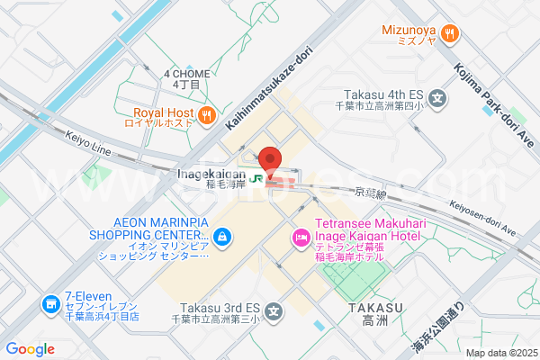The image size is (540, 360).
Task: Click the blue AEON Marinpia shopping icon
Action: tap(223, 238)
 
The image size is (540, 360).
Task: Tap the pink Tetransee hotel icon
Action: tap(299, 238)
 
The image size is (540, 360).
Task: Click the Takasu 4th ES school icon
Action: tap(437, 99)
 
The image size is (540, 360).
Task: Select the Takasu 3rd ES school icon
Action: tap(274, 312)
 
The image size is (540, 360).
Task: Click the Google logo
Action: tap(30, 349)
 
